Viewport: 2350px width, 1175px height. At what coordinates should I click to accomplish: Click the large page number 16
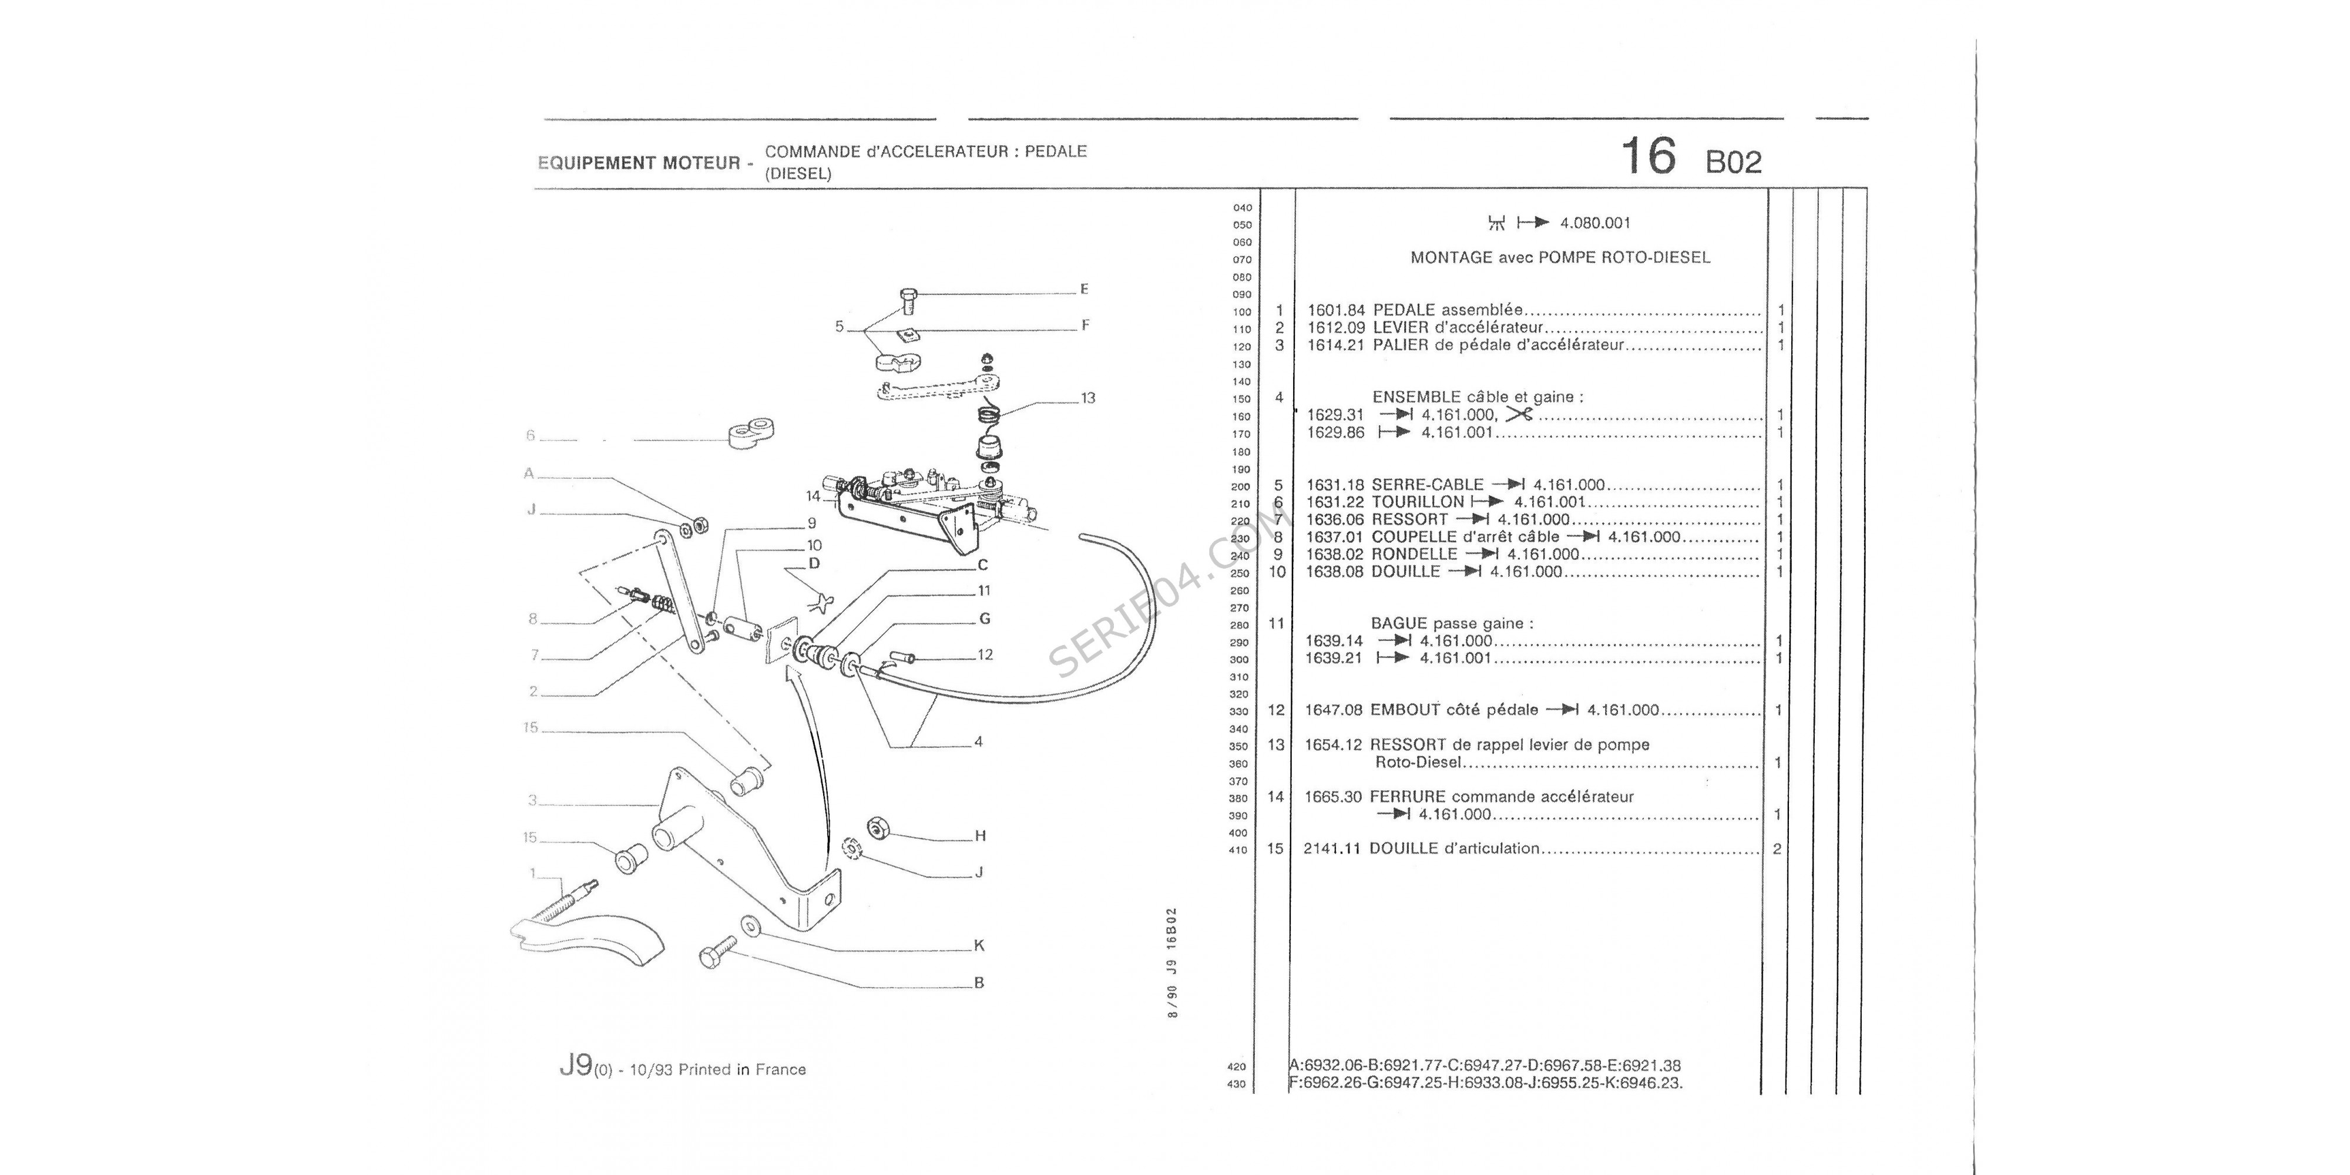pyautogui.click(x=1647, y=156)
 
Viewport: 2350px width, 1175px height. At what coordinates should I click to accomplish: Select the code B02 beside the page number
pyautogui.click(x=1733, y=162)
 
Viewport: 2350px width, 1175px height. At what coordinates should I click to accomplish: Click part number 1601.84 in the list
pyautogui.click(x=1335, y=310)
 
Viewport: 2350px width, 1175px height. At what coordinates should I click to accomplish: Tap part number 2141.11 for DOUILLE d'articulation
pyautogui.click(x=1332, y=848)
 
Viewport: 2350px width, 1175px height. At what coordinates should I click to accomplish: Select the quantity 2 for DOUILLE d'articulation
pyautogui.click(x=1777, y=848)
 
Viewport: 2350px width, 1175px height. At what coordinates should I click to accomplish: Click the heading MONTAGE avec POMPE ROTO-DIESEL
pyautogui.click(x=1560, y=258)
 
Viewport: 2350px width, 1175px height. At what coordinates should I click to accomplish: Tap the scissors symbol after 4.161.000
pyautogui.click(x=1519, y=414)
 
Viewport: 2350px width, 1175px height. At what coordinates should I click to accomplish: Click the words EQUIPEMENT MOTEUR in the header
pyautogui.click(x=639, y=163)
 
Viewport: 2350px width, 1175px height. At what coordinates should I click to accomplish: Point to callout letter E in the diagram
pyautogui.click(x=1084, y=289)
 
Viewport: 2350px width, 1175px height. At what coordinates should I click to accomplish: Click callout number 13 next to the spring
pyautogui.click(x=1087, y=398)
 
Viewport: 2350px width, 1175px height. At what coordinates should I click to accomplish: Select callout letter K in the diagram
pyautogui.click(x=979, y=946)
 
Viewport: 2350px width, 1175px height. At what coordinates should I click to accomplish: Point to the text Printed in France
pyautogui.click(x=741, y=1070)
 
